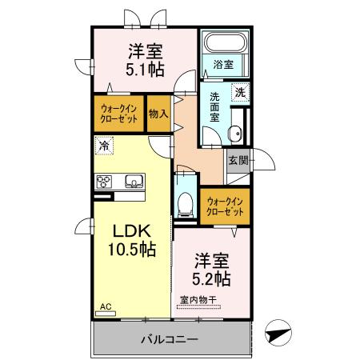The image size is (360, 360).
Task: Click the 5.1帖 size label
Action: point(145,70)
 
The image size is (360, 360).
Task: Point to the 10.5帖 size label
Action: point(132,250)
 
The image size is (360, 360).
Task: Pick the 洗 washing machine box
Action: point(240,92)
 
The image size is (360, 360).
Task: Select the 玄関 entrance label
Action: point(238,160)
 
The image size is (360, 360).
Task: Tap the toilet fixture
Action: point(186,201)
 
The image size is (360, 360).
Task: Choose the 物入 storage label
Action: point(158,114)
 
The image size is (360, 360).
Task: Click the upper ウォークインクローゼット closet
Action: point(120,113)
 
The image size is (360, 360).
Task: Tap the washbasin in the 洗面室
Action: point(234,134)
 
